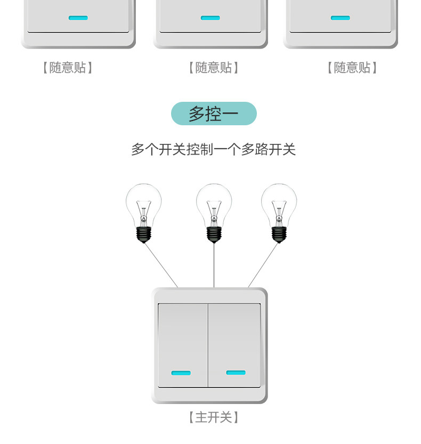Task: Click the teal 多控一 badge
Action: (x=214, y=114)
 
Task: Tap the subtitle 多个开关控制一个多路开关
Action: (x=213, y=149)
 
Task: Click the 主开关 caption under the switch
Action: (x=213, y=417)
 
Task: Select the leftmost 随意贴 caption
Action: (x=68, y=68)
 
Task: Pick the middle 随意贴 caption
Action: (x=213, y=68)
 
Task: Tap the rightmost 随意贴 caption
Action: (x=352, y=68)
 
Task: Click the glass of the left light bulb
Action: (x=143, y=201)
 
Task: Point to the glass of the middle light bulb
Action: (x=214, y=201)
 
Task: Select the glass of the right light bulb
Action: (x=279, y=201)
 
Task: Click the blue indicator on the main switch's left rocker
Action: (x=181, y=373)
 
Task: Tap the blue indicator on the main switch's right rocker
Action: (x=236, y=372)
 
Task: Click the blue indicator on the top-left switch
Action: (x=78, y=18)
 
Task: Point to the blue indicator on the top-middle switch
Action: (x=210, y=18)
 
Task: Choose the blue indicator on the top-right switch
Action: (x=340, y=18)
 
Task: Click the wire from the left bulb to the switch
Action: (x=161, y=265)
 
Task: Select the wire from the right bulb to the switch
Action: (x=263, y=265)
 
